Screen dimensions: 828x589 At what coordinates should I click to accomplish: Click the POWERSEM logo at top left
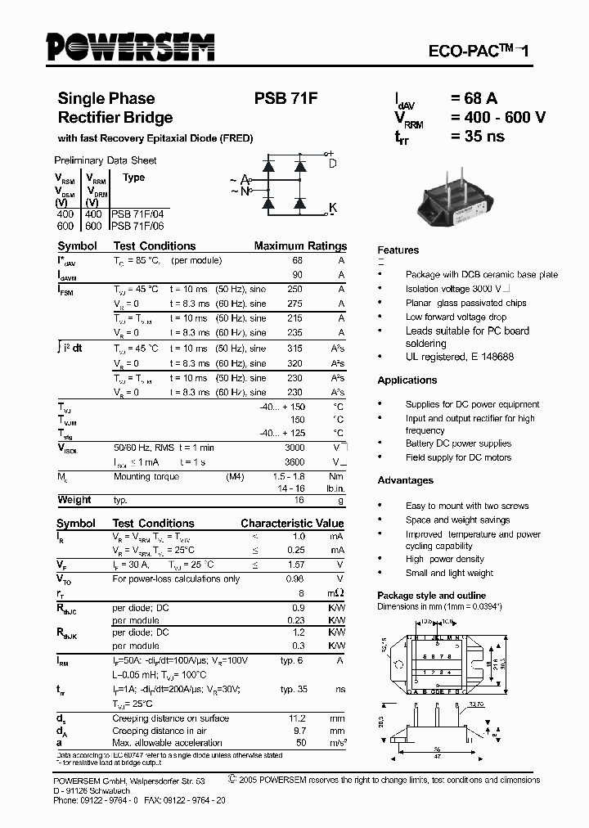click(x=130, y=47)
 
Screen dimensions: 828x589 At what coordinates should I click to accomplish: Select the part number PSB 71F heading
click(x=286, y=99)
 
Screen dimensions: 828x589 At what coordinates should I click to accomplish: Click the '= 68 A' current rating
click(x=474, y=99)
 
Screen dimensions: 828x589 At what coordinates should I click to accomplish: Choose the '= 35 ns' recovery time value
click(x=478, y=136)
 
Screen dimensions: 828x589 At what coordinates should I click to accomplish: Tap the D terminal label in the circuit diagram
click(x=332, y=163)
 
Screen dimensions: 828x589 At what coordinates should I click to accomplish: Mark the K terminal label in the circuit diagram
click(x=332, y=208)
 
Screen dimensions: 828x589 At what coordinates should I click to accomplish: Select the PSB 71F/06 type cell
click(x=140, y=225)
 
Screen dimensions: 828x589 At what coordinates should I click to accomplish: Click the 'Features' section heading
click(x=398, y=250)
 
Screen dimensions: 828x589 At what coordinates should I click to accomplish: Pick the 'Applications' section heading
click(x=407, y=380)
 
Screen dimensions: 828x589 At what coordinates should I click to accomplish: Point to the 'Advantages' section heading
click(x=405, y=480)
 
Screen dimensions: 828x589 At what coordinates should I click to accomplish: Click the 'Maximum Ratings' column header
click(x=300, y=245)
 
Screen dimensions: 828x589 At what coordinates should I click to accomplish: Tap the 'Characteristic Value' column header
click(x=292, y=523)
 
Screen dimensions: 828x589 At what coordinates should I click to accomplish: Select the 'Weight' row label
click(x=74, y=500)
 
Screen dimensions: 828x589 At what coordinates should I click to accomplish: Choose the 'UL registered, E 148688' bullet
click(x=459, y=358)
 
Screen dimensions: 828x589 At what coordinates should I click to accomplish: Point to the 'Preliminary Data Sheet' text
click(x=105, y=160)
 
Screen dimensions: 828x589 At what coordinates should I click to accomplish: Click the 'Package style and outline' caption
click(x=431, y=596)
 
